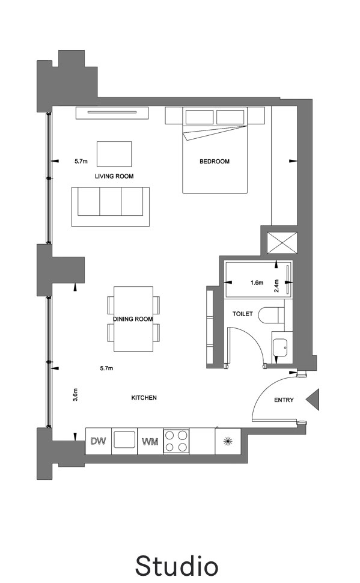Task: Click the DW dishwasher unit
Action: tap(99, 441)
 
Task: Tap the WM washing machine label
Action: tap(150, 442)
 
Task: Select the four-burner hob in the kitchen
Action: tap(176, 441)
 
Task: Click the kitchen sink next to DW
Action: tap(124, 439)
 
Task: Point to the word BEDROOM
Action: tap(215, 161)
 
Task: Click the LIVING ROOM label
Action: tap(114, 176)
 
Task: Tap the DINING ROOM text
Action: tap(133, 319)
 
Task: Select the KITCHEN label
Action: tap(144, 398)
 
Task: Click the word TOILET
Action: tap(242, 314)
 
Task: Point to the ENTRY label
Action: tap(284, 400)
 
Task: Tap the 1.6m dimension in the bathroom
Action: tap(257, 282)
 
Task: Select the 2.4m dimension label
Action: tap(276, 285)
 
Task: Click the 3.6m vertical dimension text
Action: tap(76, 395)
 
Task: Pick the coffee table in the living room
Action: tap(114, 154)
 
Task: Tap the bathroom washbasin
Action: tap(279, 348)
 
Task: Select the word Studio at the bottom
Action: tap(177, 566)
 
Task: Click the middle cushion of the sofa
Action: tap(111, 201)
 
